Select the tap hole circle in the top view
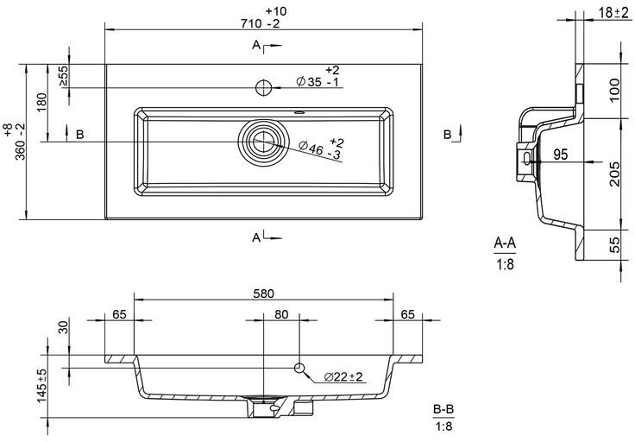pyautogui.click(x=263, y=87)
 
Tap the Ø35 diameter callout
pyautogui.click(x=317, y=77)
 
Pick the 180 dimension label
pyautogui.click(x=41, y=105)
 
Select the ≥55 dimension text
pyautogui.click(x=64, y=76)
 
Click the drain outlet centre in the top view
pyautogui.click(x=264, y=142)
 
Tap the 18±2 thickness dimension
pyautogui.click(x=614, y=13)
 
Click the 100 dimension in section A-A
pyautogui.click(x=615, y=91)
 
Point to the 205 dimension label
pyautogui.click(x=615, y=174)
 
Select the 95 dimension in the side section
pyautogui.click(x=561, y=155)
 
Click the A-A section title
pyautogui.click(x=505, y=243)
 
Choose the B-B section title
pyautogui.click(x=443, y=410)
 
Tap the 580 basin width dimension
pyautogui.click(x=264, y=294)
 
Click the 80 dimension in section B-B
pyautogui.click(x=281, y=314)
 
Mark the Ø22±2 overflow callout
pyautogui.click(x=343, y=377)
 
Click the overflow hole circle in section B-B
pyautogui.click(x=299, y=368)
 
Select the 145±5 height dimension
pyautogui.click(x=42, y=386)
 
